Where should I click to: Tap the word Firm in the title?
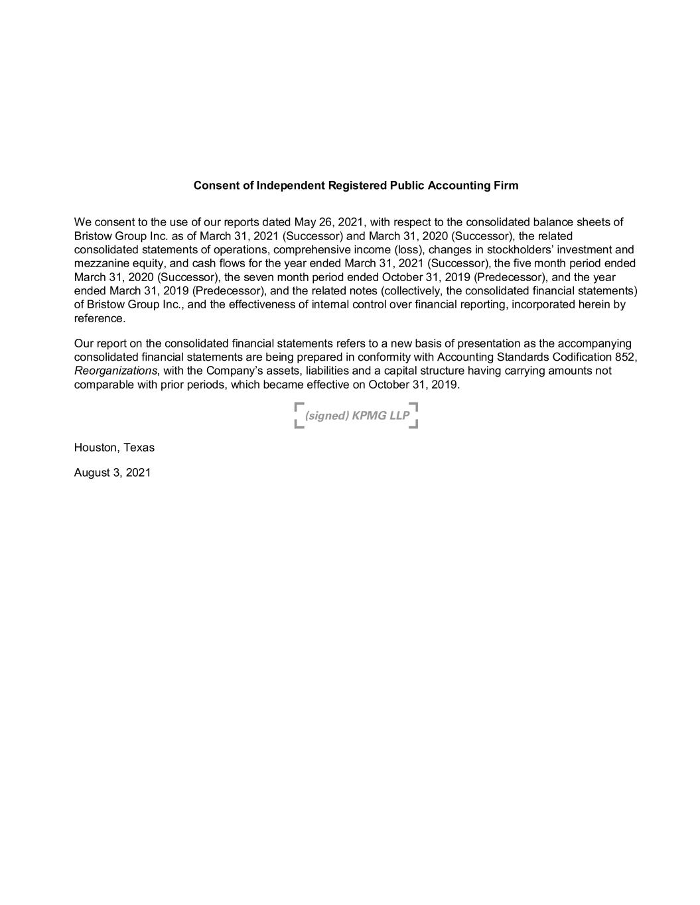coord(506,186)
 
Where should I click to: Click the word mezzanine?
coord(100,263)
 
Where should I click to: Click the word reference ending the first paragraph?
coord(98,318)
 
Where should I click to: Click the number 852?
coord(625,357)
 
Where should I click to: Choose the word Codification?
coord(576,357)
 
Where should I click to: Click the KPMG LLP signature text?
coord(356,416)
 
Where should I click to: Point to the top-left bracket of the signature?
coord(299,406)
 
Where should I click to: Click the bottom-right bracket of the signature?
coord(413,424)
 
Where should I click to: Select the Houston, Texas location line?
coord(114,448)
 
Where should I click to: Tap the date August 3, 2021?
coord(112,473)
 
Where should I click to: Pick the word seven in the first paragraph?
coord(259,277)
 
